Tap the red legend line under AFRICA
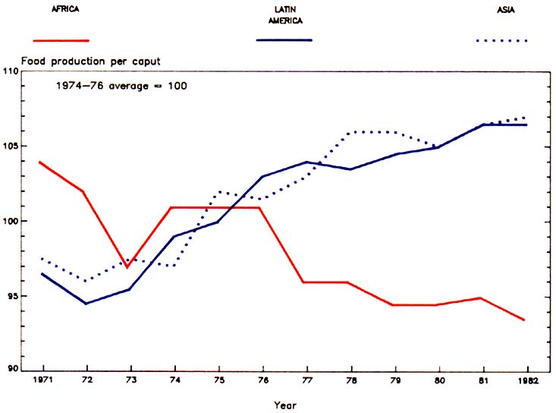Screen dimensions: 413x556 coord(61,39)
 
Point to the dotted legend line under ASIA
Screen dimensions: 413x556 coord(501,40)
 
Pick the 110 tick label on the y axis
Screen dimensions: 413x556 coord(11,71)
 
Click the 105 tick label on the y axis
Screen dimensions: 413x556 coord(11,146)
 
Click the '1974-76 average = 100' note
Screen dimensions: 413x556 coord(121,86)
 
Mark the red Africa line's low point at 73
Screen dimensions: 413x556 coord(128,267)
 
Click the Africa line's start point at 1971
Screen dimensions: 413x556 coord(40,162)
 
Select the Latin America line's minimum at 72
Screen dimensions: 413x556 coord(85,304)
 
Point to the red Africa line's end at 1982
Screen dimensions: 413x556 coord(525,320)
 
